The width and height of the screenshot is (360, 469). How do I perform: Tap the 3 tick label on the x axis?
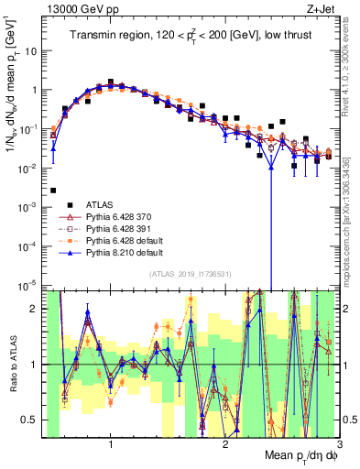coord(339,444)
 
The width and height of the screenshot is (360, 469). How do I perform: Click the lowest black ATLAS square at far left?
coord(53,191)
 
